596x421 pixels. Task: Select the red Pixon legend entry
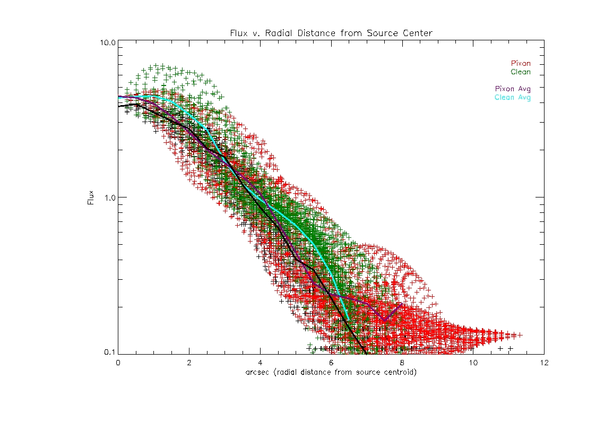(520, 64)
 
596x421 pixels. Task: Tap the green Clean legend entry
(520, 72)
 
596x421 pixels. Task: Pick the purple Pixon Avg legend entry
(512, 89)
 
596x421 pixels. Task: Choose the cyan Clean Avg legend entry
(512, 97)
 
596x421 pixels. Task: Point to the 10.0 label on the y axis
(108, 42)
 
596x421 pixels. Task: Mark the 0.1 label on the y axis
(110, 352)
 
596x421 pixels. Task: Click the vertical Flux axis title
(91, 197)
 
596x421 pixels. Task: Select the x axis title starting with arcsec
(331, 372)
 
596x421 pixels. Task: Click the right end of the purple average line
(402, 304)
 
